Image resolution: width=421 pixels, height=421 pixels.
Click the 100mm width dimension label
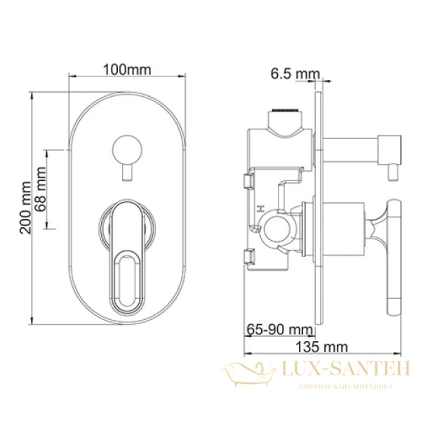click(127, 69)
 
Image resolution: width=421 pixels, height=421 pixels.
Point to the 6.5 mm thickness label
click(294, 74)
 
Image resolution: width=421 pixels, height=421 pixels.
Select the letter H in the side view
click(259, 208)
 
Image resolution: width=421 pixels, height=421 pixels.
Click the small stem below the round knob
click(128, 172)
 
